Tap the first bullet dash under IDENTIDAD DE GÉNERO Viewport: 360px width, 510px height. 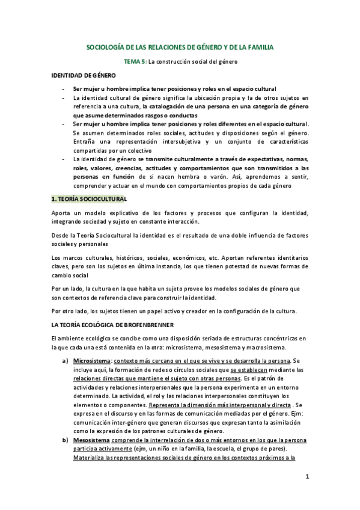[64, 88]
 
